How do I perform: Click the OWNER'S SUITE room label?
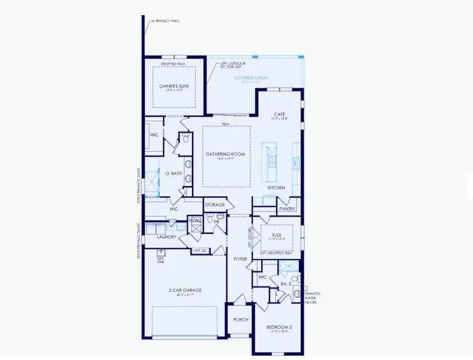[174, 86]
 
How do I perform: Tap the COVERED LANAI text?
[250, 78]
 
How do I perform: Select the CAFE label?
[279, 113]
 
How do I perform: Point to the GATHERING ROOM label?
[226, 154]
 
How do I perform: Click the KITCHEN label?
[276, 188]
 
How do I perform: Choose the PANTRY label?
[285, 208]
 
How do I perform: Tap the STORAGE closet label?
[214, 205]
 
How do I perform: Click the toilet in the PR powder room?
[210, 221]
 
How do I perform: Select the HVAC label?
[194, 221]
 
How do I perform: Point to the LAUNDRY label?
[166, 237]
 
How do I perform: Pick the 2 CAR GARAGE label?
[184, 290]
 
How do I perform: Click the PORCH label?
[241, 319]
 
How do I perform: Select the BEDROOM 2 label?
[279, 327]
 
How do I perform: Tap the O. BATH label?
[173, 173]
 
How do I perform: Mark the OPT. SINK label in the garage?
[160, 259]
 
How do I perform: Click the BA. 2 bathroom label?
[286, 283]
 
